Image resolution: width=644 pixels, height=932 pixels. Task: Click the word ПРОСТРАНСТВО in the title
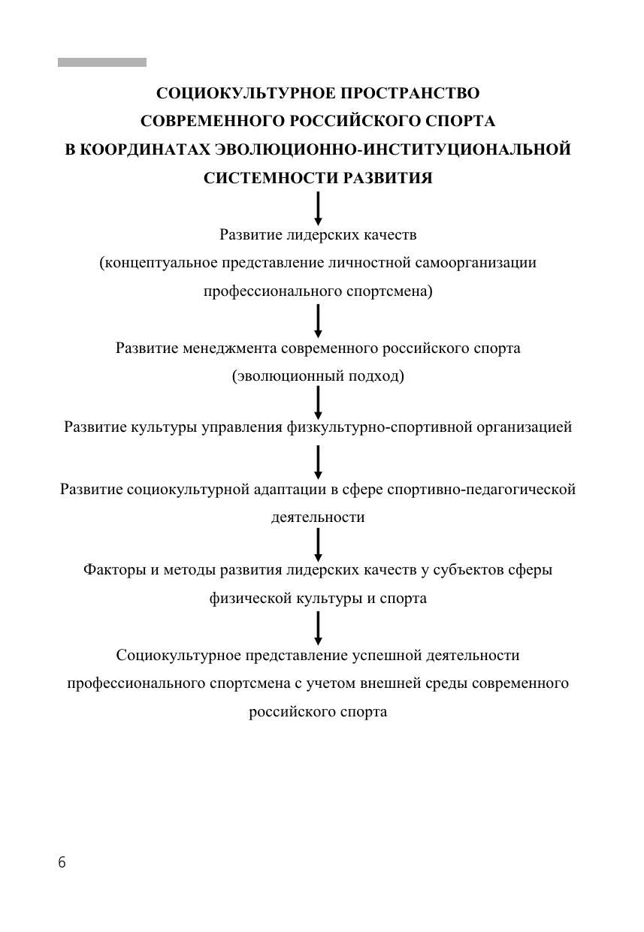click(x=410, y=93)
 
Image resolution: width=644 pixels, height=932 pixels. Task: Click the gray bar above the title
click(x=102, y=62)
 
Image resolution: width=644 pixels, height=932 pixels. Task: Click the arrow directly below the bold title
click(x=319, y=208)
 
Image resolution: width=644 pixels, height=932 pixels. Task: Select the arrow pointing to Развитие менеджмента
click(x=319, y=321)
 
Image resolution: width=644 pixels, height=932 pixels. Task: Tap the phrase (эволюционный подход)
click(x=318, y=376)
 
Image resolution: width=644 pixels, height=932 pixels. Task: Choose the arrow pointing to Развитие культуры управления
click(x=319, y=403)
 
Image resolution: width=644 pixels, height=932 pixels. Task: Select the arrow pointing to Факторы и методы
click(x=319, y=544)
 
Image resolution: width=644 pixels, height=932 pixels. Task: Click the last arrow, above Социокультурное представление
click(x=319, y=628)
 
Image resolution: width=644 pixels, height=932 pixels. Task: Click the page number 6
click(x=62, y=863)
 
